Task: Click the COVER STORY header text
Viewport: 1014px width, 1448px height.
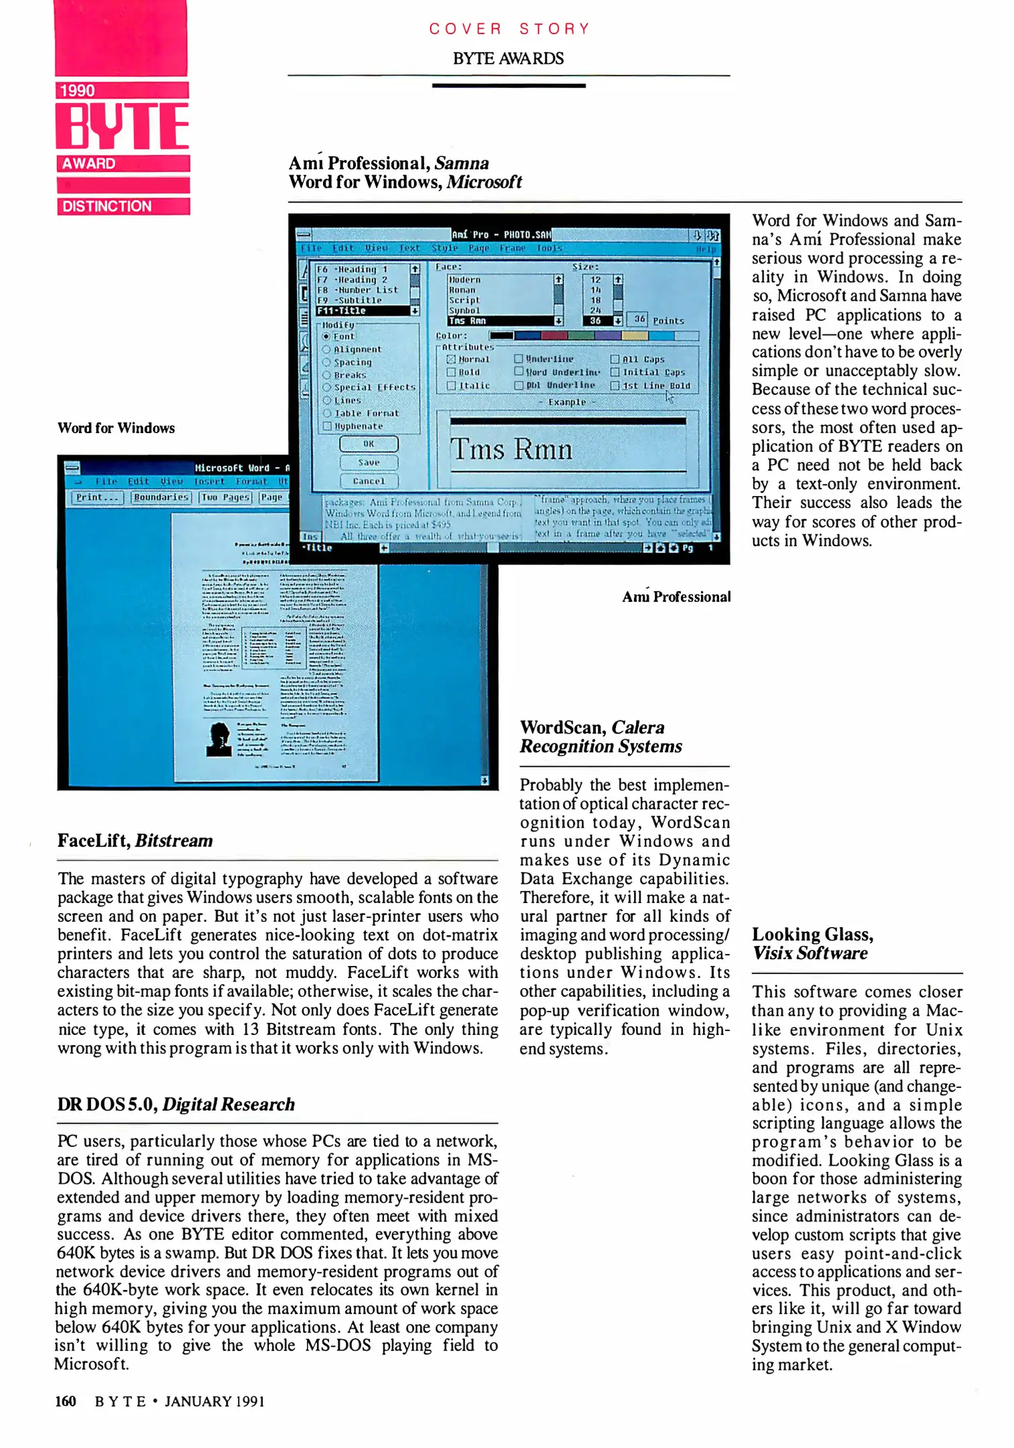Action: click(x=509, y=29)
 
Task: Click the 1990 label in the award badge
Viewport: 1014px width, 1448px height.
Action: click(x=78, y=90)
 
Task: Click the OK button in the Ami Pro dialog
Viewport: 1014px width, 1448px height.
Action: click(x=369, y=444)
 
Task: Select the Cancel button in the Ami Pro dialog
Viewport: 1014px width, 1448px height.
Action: click(x=369, y=481)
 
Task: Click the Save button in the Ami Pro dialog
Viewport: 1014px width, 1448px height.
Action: click(x=369, y=463)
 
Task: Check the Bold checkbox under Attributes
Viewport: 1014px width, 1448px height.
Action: click(x=451, y=372)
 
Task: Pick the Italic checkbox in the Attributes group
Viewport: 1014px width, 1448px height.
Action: click(x=451, y=385)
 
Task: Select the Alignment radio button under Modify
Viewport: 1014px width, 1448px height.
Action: click(x=326, y=349)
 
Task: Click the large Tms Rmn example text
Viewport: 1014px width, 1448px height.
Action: click(x=511, y=449)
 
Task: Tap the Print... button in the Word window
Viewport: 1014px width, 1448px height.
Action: click(x=97, y=497)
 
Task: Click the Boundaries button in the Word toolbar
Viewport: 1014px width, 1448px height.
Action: click(x=161, y=497)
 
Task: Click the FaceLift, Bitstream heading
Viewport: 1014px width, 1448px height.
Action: click(x=135, y=841)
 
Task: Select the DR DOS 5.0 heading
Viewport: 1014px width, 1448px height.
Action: click(x=176, y=1104)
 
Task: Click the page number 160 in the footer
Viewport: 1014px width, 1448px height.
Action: click(x=66, y=1401)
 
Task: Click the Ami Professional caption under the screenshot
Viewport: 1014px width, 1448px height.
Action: click(x=676, y=597)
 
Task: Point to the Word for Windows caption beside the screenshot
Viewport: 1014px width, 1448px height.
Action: click(x=116, y=428)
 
